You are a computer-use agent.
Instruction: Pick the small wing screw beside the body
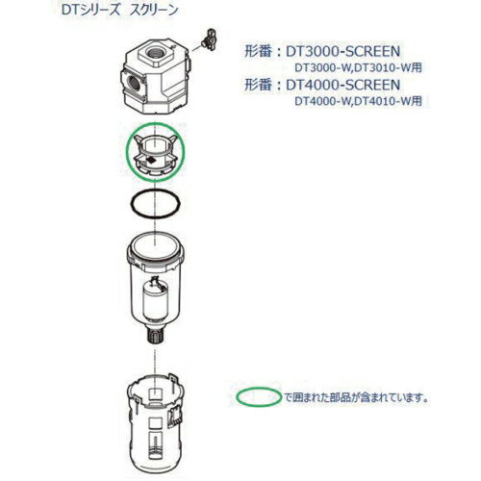[x=203, y=38]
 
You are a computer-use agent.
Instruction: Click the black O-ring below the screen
[x=155, y=206]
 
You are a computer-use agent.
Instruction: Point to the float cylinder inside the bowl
[x=157, y=299]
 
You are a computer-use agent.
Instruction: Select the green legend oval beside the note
[x=258, y=395]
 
